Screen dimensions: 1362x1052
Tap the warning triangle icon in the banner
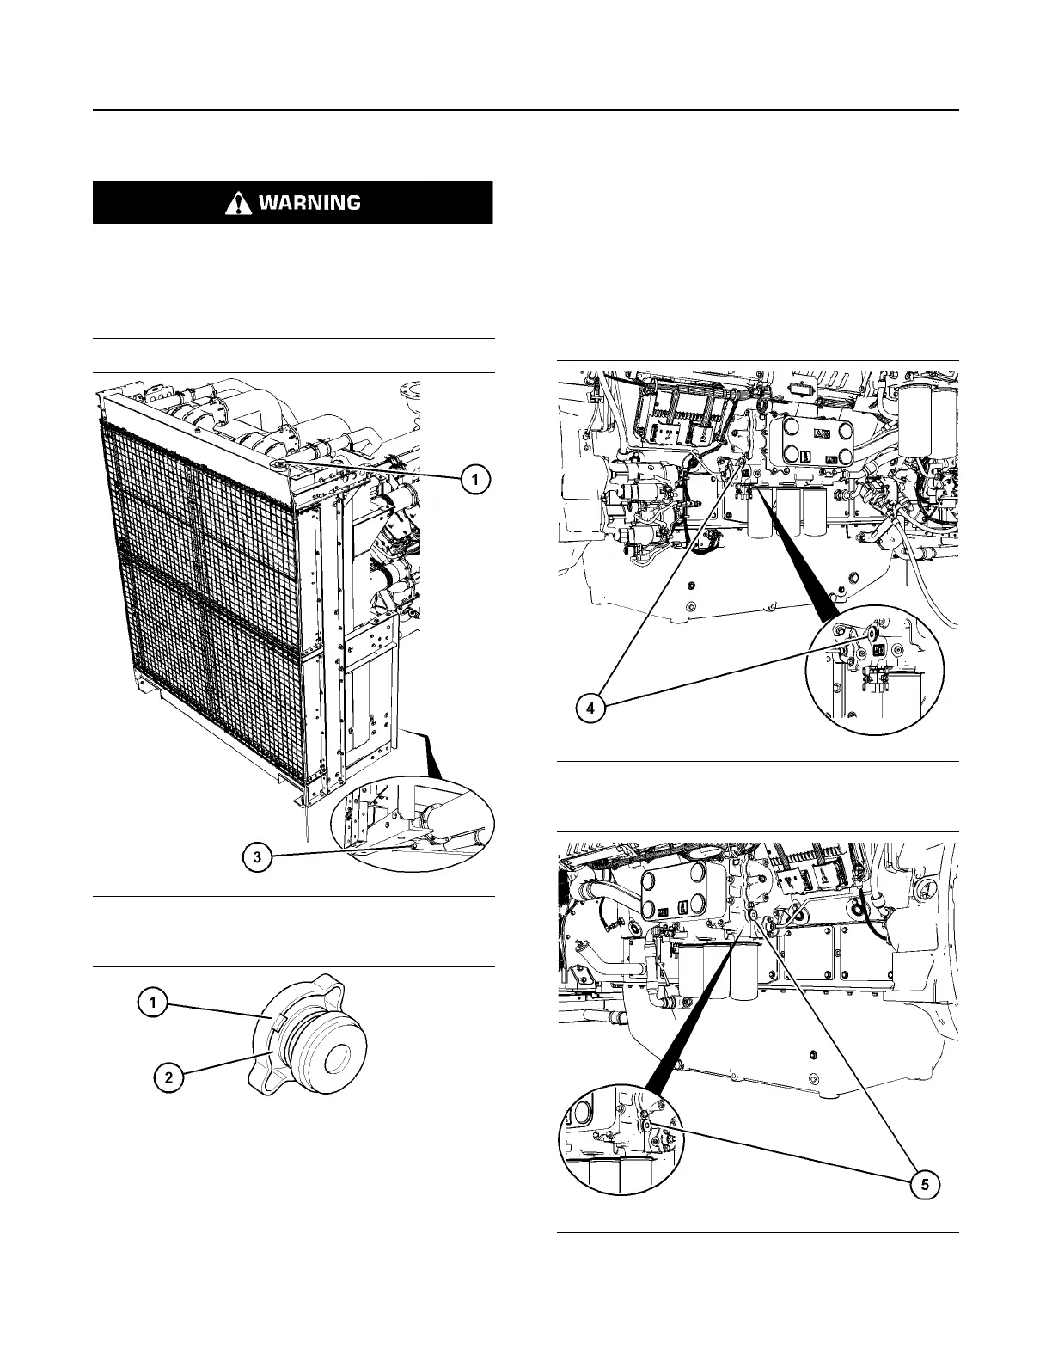[235, 203]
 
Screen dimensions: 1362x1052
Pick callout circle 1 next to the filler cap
[153, 1002]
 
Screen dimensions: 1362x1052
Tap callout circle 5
[924, 1185]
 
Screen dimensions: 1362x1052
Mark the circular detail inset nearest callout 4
[876, 668]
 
